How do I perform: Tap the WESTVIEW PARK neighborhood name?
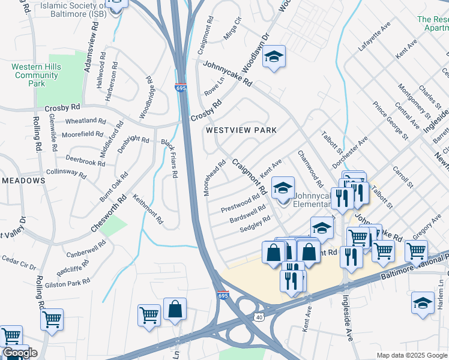241,130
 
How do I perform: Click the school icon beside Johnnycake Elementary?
283,188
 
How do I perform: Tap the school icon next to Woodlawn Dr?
274,57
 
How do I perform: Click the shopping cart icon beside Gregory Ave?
416,250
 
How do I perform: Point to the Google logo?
19,353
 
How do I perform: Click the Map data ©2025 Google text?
411,355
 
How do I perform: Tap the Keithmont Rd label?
148,209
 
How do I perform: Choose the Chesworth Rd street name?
109,214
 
